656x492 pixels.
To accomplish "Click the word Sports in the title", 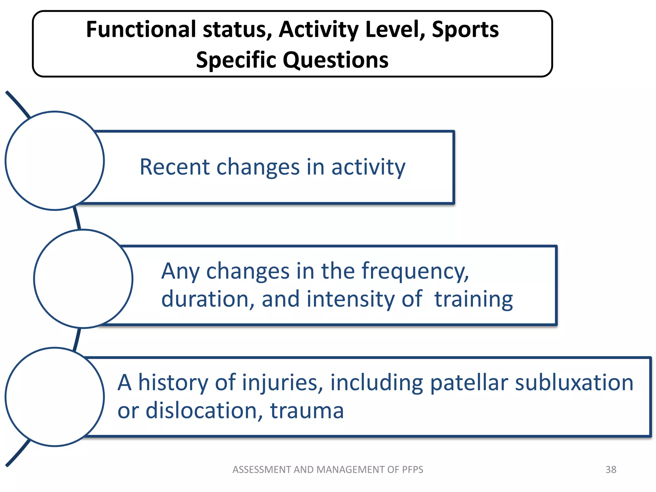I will (x=465, y=29).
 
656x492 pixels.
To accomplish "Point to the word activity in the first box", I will (x=368, y=168).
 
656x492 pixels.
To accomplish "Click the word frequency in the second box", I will (x=415, y=272).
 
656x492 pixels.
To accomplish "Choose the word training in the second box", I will (x=473, y=299).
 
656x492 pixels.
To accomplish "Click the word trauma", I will (x=307, y=411).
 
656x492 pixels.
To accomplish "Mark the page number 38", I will (x=611, y=470).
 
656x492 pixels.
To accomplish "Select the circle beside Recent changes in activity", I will (x=55, y=161).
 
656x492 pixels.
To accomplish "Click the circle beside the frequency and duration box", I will (x=83, y=279).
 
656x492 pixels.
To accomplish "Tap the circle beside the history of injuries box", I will (x=55, y=397).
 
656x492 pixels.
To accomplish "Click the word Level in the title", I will (x=395, y=29).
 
